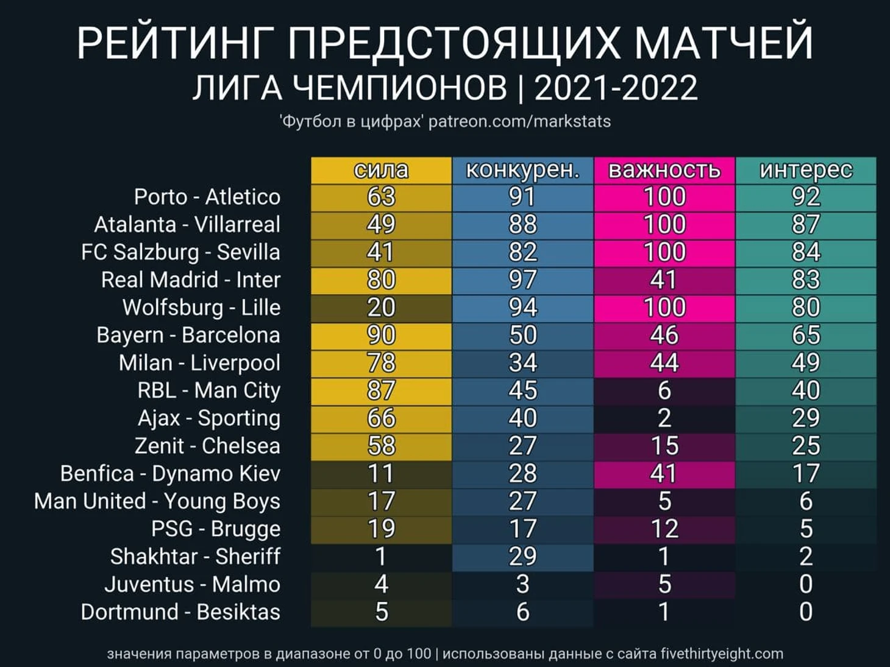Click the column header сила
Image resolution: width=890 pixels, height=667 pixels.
tap(381, 170)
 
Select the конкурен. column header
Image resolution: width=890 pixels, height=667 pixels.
tap(522, 170)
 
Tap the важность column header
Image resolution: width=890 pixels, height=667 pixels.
tap(664, 170)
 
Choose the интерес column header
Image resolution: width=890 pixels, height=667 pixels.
tap(805, 170)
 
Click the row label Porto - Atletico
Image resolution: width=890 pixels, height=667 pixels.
tap(207, 197)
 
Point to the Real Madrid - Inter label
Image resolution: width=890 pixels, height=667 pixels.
tap(190, 280)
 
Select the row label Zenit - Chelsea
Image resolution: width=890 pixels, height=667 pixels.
tap(207, 446)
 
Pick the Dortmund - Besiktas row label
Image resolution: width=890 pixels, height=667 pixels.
tap(180, 612)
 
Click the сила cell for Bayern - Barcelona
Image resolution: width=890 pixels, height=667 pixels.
tap(381, 335)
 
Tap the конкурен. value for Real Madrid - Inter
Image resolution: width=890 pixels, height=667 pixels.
tap(522, 280)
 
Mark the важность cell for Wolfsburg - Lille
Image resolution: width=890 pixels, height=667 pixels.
tap(664, 308)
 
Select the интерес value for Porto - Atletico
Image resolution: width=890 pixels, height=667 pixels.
tap(805, 197)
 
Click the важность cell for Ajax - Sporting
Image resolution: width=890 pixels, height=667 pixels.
tap(664, 418)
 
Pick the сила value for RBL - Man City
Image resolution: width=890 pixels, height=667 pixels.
tap(381, 390)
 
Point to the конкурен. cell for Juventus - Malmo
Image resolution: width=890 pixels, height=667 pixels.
tap(522, 584)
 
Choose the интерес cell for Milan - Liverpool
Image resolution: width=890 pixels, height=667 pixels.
tap(805, 363)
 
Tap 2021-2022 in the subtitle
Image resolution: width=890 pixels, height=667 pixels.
tap(616, 88)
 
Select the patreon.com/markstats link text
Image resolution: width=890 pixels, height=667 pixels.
tap(519, 122)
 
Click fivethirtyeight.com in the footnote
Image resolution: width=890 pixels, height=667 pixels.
tap(722, 654)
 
